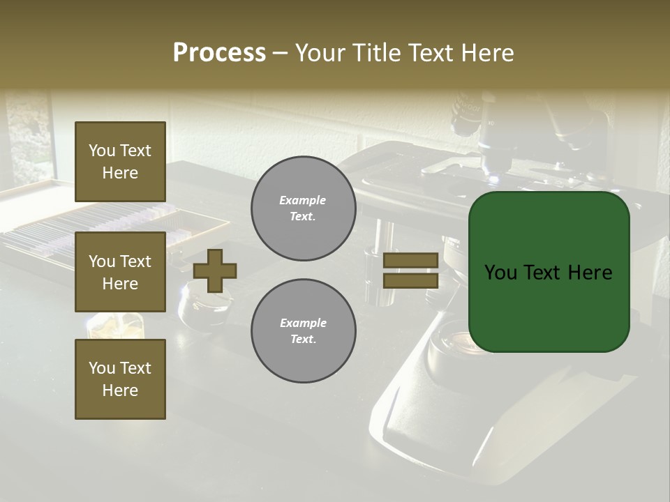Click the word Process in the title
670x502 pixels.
coord(219,53)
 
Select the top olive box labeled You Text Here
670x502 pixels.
coord(120,162)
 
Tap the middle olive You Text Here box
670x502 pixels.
coord(120,272)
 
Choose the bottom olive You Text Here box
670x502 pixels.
coord(120,379)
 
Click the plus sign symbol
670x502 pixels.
coord(215,271)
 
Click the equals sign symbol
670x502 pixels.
coord(410,271)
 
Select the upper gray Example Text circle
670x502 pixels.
coord(304,208)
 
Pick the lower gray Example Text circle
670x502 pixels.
coord(304,330)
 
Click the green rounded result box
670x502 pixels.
coord(549,272)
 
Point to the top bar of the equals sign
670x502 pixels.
coord(410,261)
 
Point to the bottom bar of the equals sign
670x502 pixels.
coord(410,280)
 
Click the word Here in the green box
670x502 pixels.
coord(590,273)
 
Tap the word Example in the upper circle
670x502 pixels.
coord(302,200)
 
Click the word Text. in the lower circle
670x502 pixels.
coord(303,339)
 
